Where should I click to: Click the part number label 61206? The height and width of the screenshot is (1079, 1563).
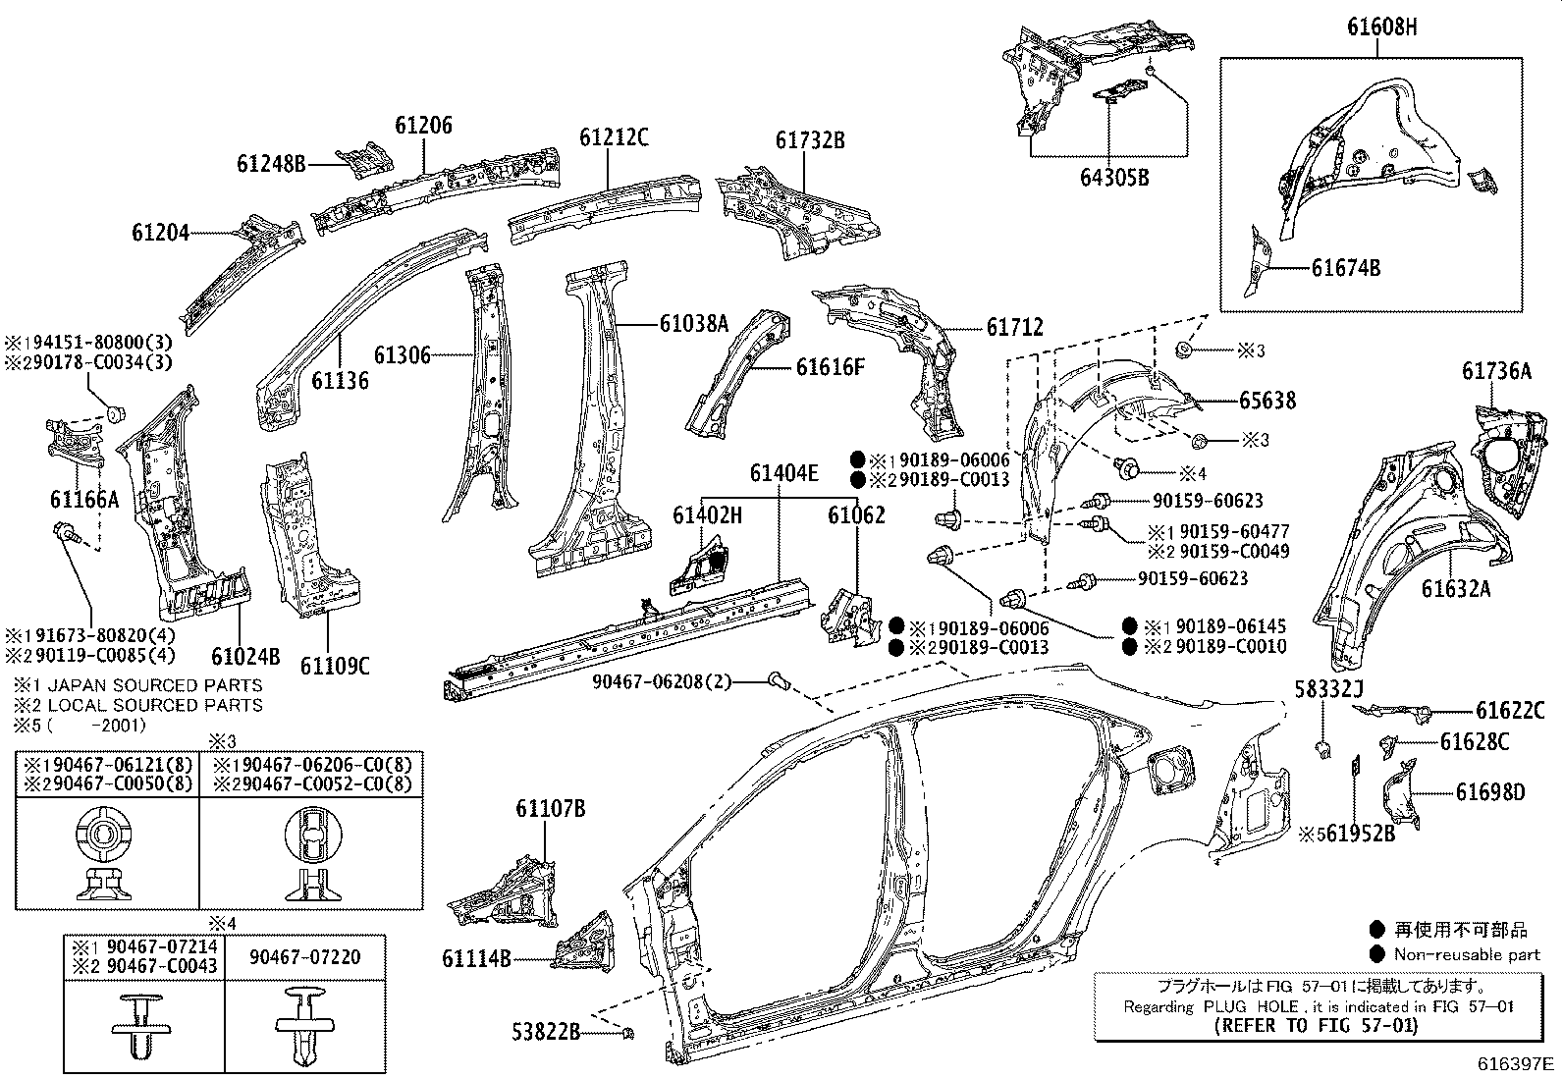(424, 126)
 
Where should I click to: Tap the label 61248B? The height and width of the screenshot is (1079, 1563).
(271, 164)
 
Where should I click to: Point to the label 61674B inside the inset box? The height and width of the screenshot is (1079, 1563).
(1346, 267)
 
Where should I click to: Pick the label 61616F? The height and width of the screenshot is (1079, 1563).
(831, 367)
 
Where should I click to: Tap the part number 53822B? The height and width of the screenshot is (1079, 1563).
(546, 1032)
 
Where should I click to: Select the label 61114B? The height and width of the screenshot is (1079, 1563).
(476, 959)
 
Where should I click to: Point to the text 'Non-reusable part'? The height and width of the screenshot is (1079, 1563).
(1468, 954)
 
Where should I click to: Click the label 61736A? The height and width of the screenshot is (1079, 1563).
(1496, 371)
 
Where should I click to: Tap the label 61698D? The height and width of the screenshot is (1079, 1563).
(1490, 791)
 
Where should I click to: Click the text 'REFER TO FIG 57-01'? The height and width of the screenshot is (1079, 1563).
(1317, 1026)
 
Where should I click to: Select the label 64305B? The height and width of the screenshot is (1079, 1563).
(1114, 178)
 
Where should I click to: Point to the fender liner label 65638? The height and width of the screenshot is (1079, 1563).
(1267, 401)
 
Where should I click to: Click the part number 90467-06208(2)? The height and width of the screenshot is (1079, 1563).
(662, 680)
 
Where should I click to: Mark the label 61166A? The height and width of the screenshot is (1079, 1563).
(84, 500)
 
